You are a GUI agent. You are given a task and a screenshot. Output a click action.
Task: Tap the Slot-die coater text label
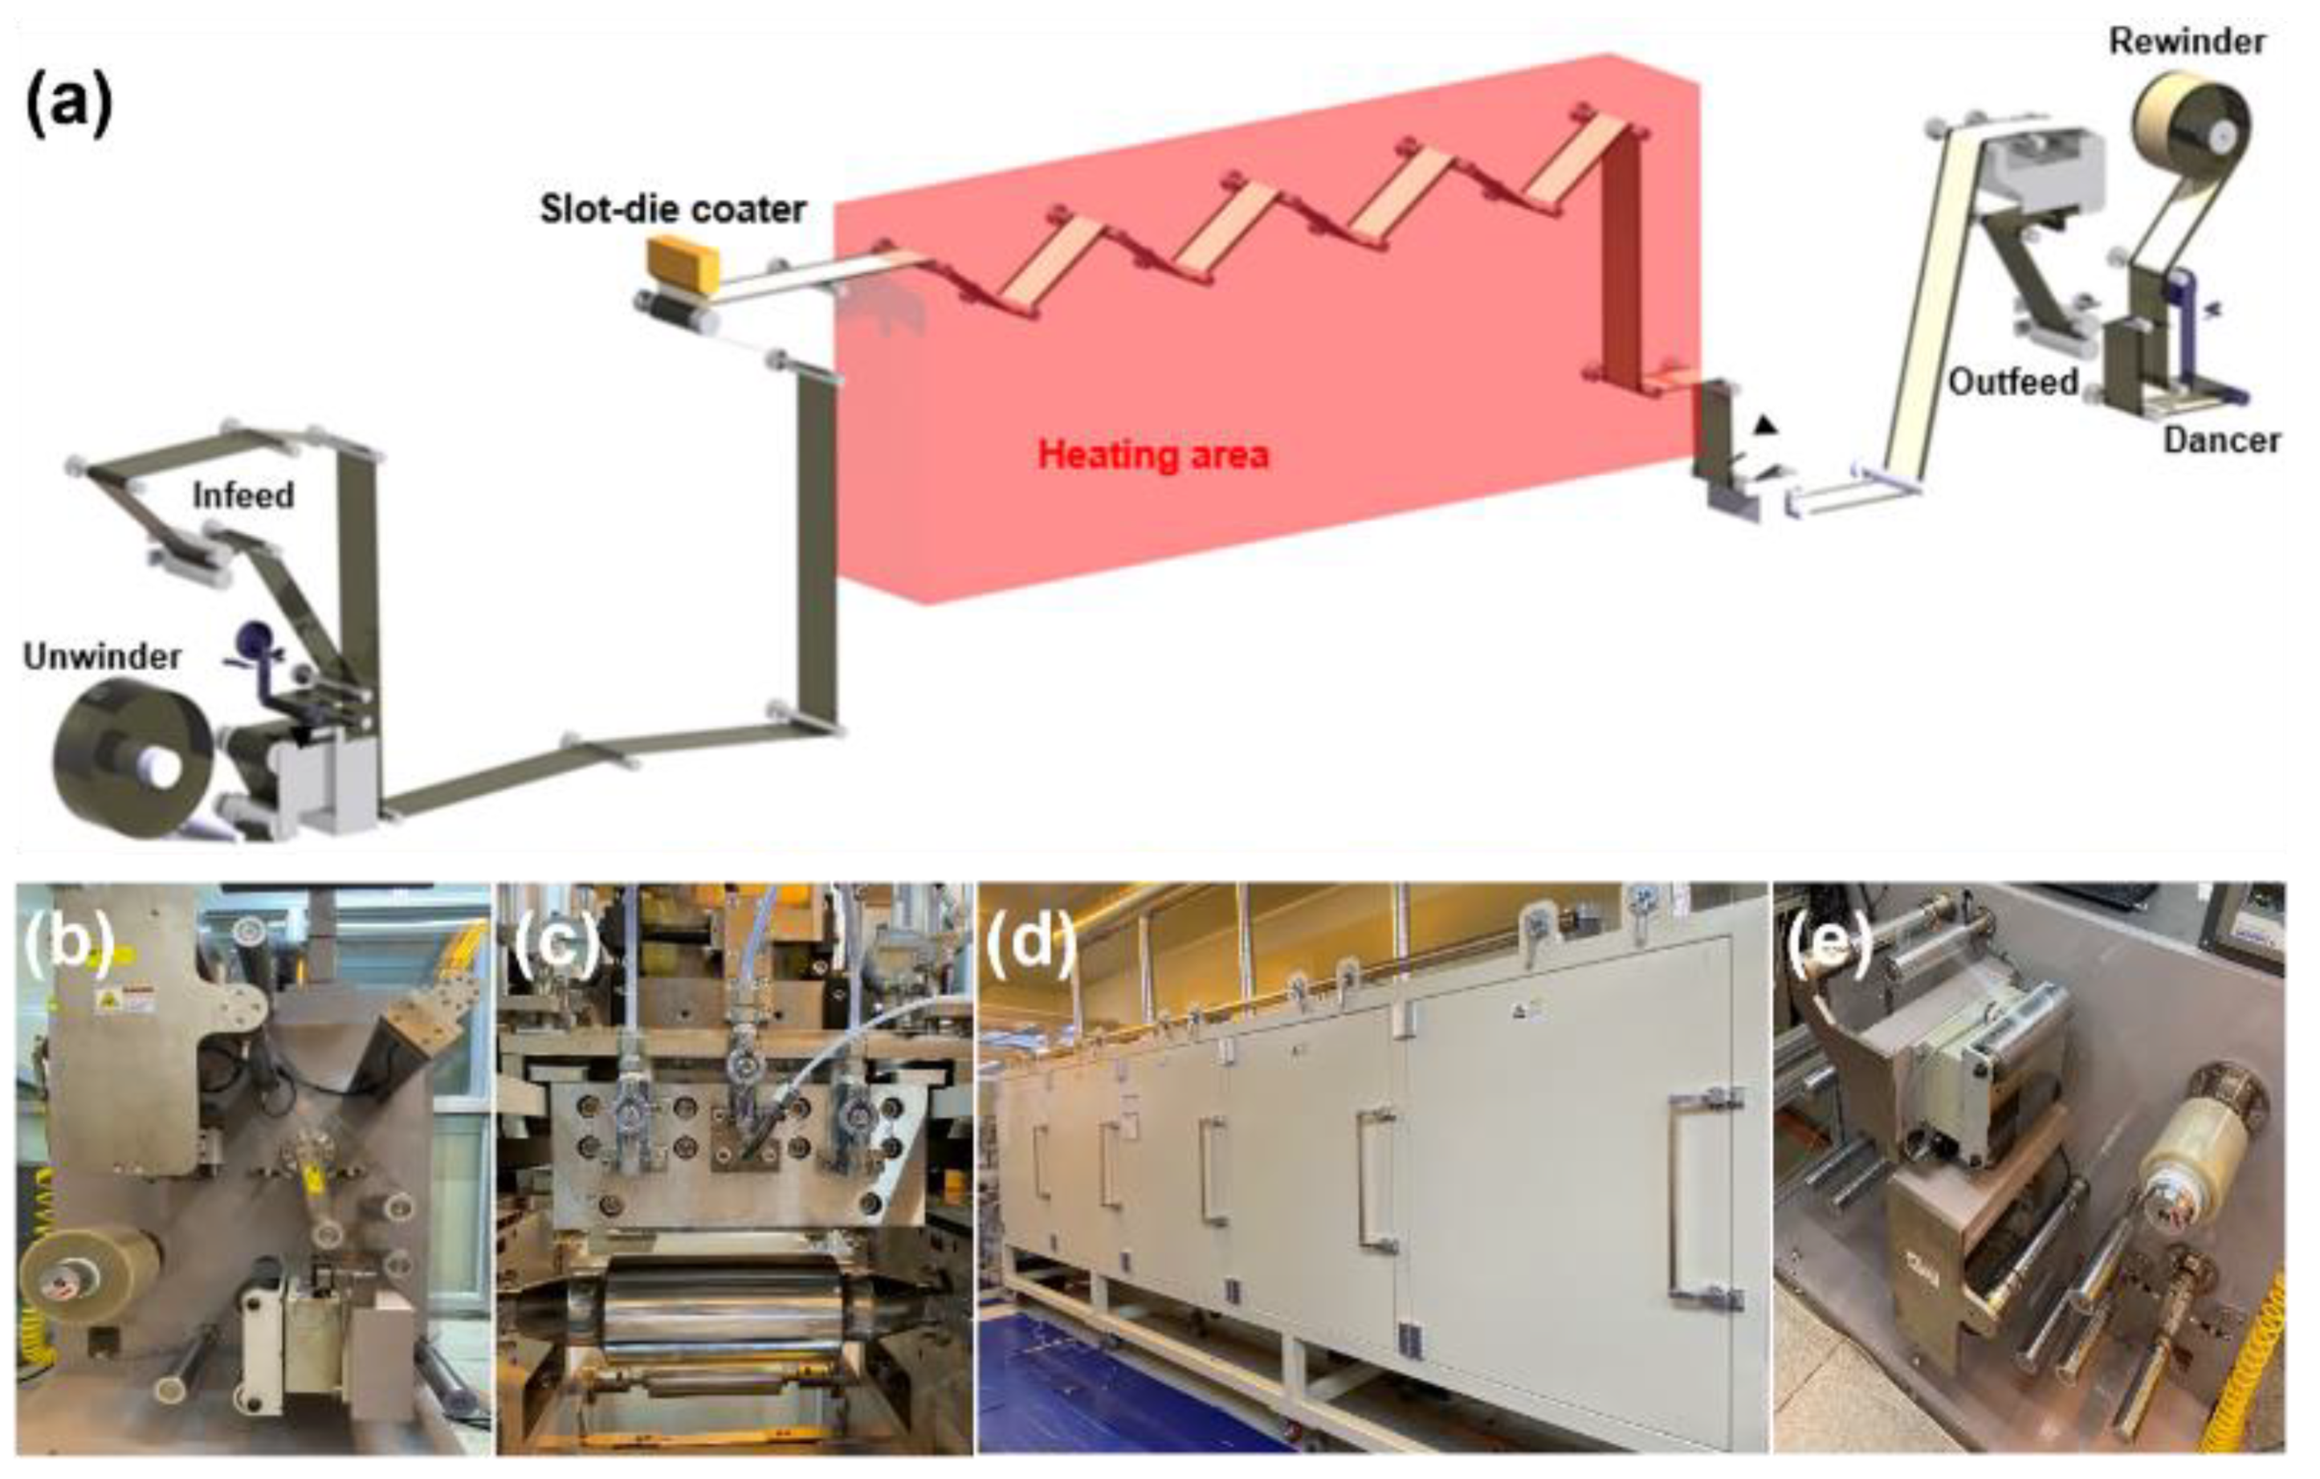tap(672, 209)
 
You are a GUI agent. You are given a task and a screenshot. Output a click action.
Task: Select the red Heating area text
tap(1153, 454)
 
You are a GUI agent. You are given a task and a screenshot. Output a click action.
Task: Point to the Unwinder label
tap(102, 657)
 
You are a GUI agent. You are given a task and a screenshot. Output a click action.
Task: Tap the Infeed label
tap(243, 495)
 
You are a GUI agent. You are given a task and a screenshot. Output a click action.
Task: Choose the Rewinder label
tap(2186, 42)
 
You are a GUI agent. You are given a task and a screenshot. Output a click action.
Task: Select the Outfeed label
tap(2012, 382)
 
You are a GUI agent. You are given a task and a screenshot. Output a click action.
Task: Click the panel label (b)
tap(67, 944)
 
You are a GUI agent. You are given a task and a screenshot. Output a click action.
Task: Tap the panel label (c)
tap(556, 944)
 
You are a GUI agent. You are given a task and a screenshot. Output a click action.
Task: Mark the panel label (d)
tap(1031, 944)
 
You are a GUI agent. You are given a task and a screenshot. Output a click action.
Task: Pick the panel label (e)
tap(1829, 944)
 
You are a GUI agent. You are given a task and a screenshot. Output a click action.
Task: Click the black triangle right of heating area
tap(1763, 424)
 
